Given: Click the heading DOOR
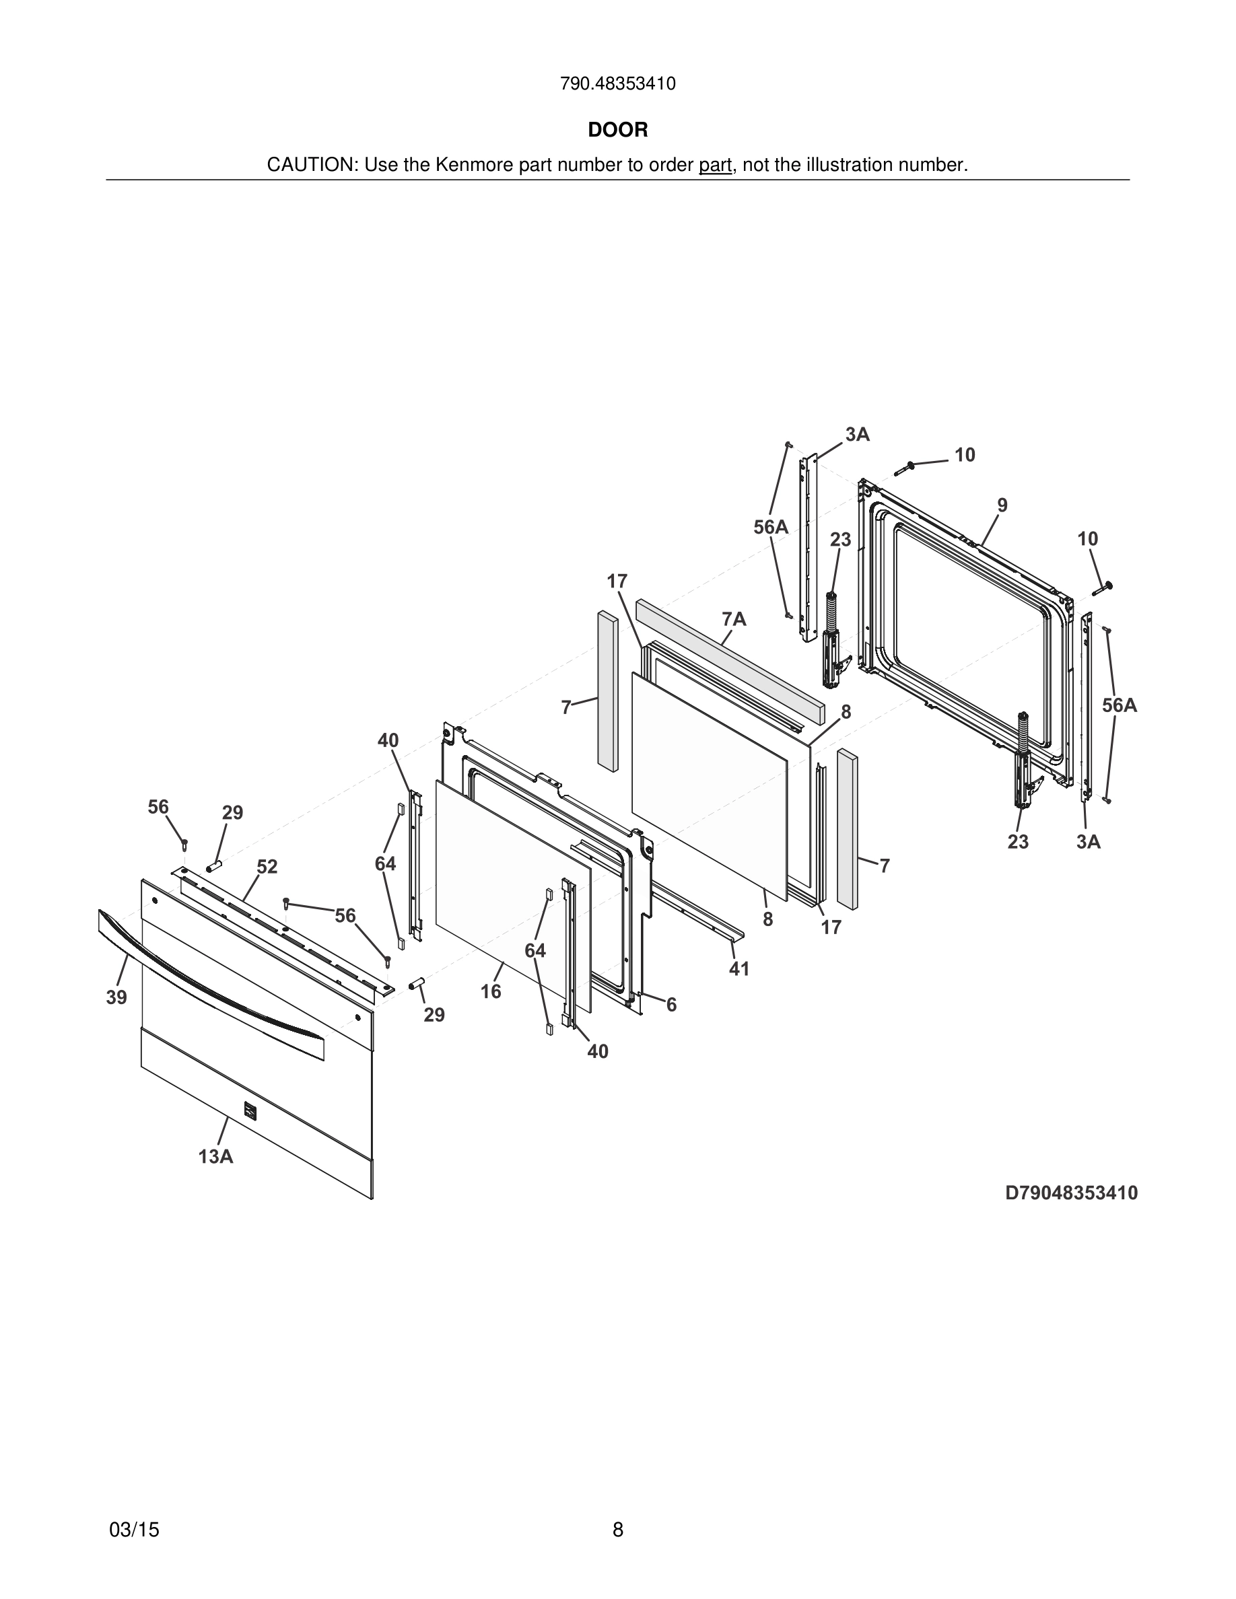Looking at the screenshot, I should tap(617, 131).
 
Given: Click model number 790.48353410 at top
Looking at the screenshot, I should tap(617, 84).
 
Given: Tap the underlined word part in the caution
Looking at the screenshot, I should tap(715, 166).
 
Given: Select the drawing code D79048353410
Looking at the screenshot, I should tap(1070, 1193).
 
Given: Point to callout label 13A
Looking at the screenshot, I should tap(215, 1157).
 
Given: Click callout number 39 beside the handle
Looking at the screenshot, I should tap(116, 997).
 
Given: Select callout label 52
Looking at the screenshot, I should tap(267, 867).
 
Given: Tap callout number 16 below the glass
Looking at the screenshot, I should tap(491, 991).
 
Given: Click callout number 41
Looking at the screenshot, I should tap(739, 968).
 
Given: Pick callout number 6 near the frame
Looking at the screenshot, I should tap(671, 1005).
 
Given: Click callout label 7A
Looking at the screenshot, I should tap(734, 619).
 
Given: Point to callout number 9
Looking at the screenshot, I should tap(1002, 505).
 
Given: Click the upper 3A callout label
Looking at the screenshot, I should tap(857, 434).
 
